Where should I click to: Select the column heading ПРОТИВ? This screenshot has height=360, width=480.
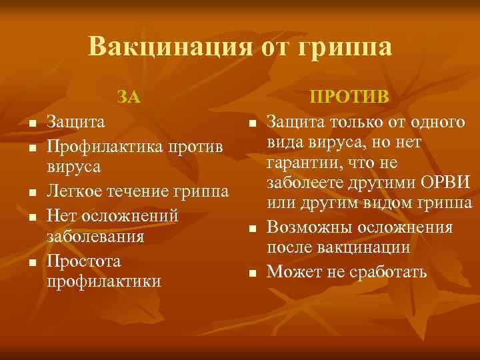353,98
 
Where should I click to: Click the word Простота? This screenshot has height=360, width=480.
84,260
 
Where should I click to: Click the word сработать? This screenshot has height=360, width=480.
389,271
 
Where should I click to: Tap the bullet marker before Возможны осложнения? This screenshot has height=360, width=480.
253,229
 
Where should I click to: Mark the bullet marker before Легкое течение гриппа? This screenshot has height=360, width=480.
31,194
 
